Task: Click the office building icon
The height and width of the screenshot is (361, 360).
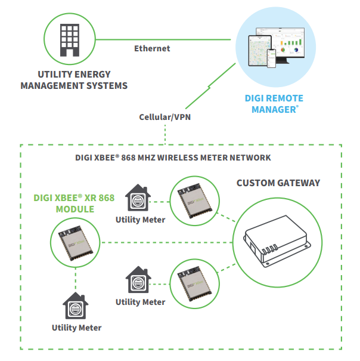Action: tap(70, 40)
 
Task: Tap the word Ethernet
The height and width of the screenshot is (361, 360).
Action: tap(152, 48)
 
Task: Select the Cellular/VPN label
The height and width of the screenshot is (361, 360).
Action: tap(165, 117)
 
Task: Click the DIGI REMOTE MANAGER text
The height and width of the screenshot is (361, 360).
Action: tap(274, 104)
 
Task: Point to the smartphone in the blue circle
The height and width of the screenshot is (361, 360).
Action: tap(271, 58)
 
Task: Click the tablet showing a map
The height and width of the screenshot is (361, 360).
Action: tap(259, 51)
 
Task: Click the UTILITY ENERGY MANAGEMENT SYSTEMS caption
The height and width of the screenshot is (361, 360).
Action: tap(74, 80)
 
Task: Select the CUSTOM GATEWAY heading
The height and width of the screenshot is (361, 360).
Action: tap(278, 183)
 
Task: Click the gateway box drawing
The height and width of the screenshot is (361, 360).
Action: tap(277, 241)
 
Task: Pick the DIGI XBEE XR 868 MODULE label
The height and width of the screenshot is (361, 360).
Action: tap(74, 203)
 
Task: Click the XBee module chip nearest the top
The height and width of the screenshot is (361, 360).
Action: tap(195, 200)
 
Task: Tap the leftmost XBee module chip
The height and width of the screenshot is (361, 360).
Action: tap(76, 243)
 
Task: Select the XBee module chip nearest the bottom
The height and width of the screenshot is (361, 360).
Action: tap(195, 284)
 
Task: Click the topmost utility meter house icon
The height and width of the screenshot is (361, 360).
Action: tap(138, 198)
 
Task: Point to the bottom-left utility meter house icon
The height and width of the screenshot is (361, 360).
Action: tap(76, 306)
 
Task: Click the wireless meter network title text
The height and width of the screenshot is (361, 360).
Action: tap(173, 158)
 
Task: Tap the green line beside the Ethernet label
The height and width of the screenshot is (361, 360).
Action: tap(163, 39)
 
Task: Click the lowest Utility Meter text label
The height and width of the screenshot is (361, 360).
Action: tap(77, 328)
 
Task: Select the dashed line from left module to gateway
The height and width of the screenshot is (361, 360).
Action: tap(166, 242)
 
